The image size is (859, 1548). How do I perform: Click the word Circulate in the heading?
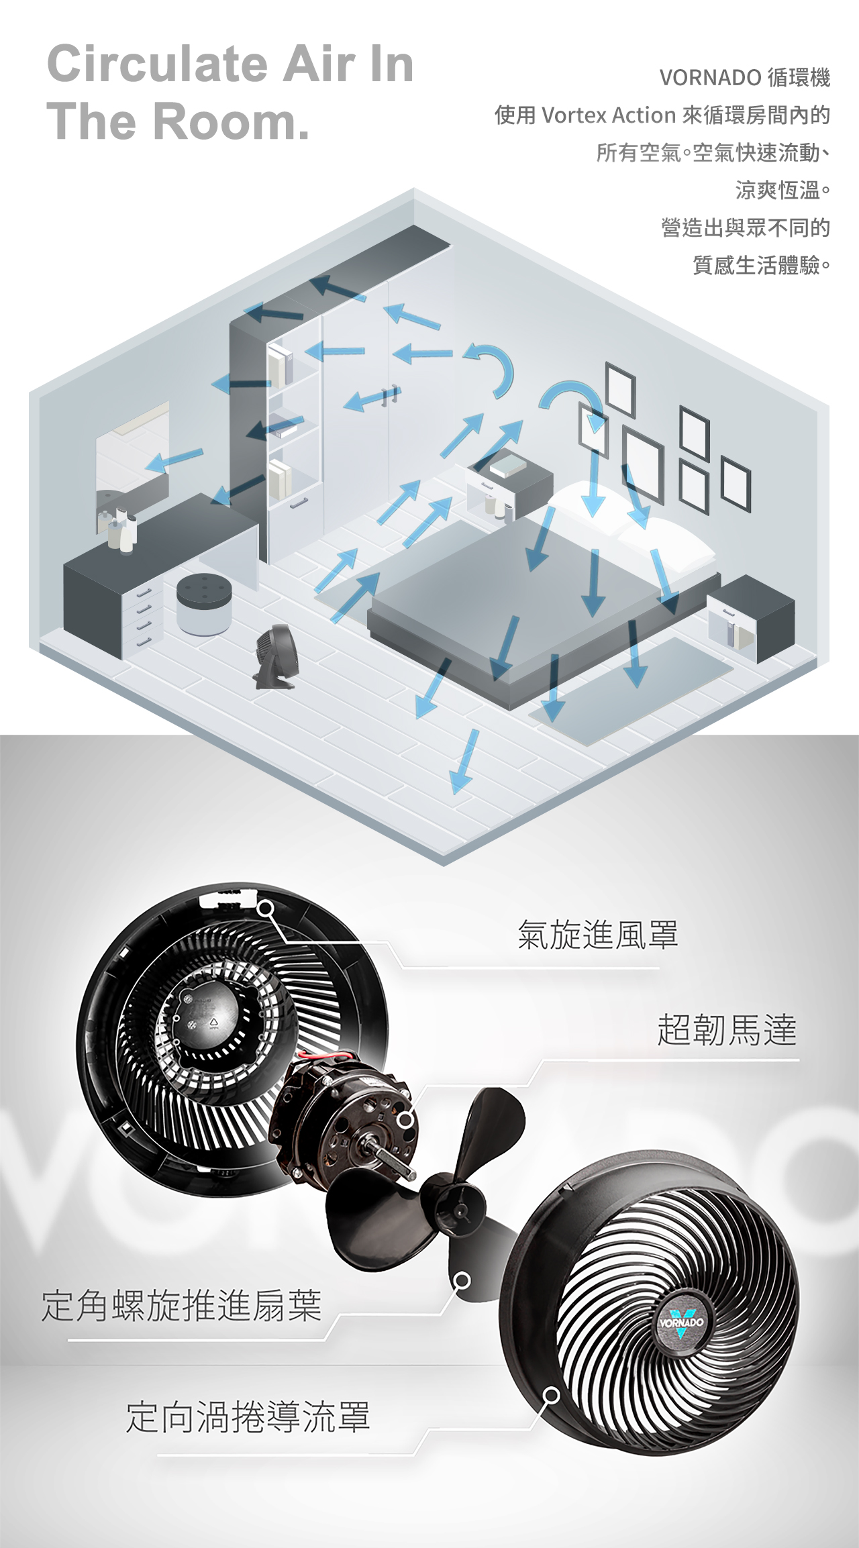tap(159, 64)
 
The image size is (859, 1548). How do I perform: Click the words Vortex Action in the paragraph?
tap(608, 115)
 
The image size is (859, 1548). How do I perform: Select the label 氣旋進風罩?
tap(597, 935)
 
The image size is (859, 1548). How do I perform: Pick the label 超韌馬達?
tap(727, 1030)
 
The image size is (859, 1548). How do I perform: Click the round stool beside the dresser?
tap(204, 603)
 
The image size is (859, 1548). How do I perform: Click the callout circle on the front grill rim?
tap(551, 1396)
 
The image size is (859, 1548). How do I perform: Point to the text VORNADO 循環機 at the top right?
tap(745, 78)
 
